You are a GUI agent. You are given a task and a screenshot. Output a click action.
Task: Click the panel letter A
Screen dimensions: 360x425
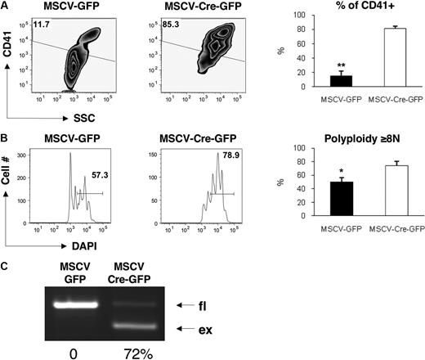pyautogui.click(x=6, y=7)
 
